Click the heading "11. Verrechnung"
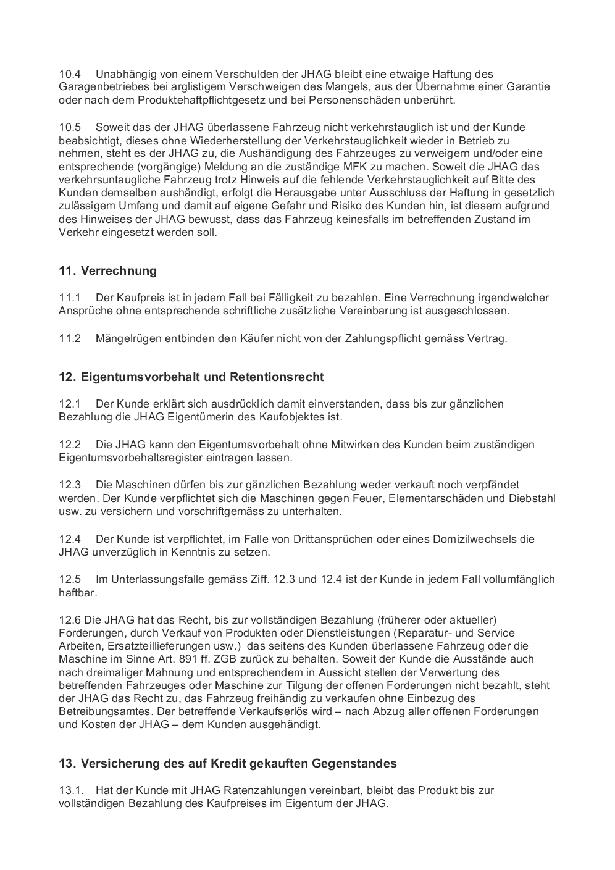point(107,270)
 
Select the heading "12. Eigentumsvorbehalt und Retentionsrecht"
point(191,377)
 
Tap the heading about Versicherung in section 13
point(227,763)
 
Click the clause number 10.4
point(70,74)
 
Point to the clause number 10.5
point(70,128)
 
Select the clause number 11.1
point(70,298)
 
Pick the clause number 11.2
point(70,338)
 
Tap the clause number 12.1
point(70,404)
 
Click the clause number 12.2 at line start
point(70,445)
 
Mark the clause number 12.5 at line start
point(70,579)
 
